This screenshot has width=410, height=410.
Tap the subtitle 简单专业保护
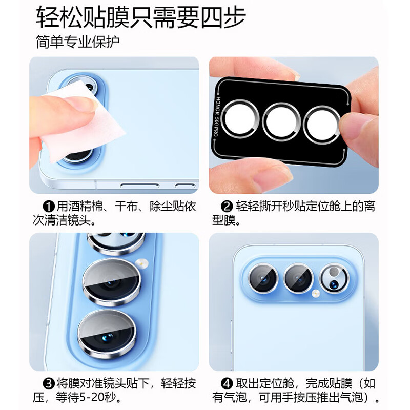pos(77,42)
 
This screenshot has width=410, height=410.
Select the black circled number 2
pos(227,207)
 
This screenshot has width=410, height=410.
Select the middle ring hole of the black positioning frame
pos(281,122)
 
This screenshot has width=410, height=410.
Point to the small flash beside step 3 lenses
pos(142,263)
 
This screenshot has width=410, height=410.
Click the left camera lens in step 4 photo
pos(264,278)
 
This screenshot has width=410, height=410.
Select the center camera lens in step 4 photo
pos(299,278)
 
